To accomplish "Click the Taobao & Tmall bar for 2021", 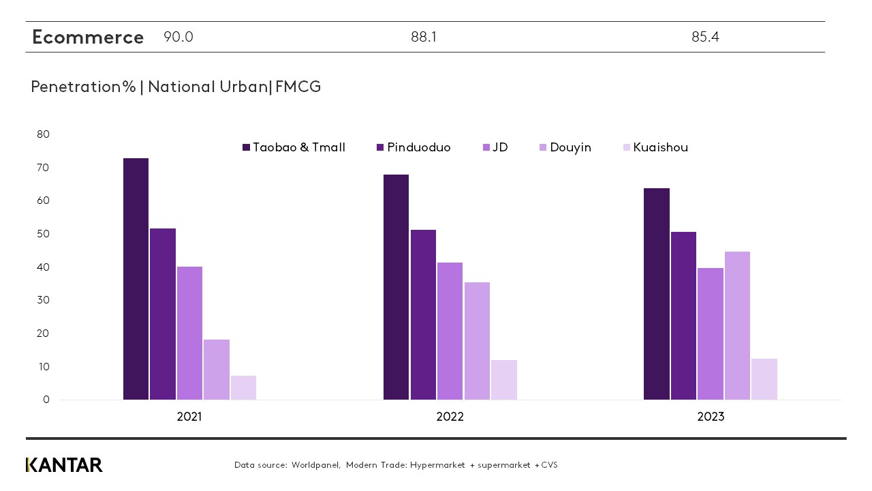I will (136, 279).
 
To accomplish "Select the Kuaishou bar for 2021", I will (243, 387).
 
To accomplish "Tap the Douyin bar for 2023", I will (737, 325).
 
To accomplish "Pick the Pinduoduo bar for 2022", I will (423, 314).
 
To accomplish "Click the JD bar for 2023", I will (711, 333).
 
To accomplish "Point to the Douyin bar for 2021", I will (217, 369).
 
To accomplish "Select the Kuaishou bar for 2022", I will (503, 379).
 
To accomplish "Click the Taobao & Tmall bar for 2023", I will (657, 294).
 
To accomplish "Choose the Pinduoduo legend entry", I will (414, 147).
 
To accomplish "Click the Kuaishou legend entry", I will (655, 147).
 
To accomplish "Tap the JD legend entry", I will (495, 147).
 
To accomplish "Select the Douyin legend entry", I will (565, 147).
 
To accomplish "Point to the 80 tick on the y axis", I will (43, 134).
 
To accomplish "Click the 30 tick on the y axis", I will (43, 300).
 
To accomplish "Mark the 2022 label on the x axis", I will (450, 417).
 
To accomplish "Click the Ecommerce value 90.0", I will (178, 38).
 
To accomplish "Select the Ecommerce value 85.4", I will (705, 38).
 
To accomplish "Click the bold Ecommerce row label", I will (88, 38).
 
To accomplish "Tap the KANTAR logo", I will (64, 465).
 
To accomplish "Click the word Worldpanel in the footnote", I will (315, 465).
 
